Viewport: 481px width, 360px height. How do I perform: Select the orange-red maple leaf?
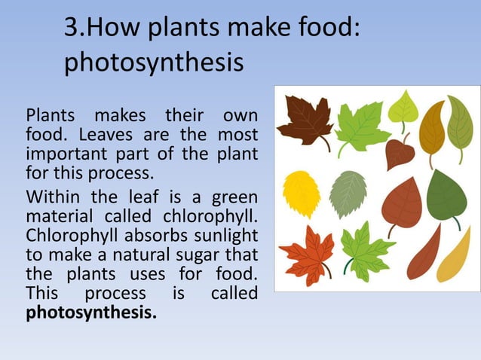[308, 253]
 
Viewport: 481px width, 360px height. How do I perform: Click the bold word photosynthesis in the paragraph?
[92, 312]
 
